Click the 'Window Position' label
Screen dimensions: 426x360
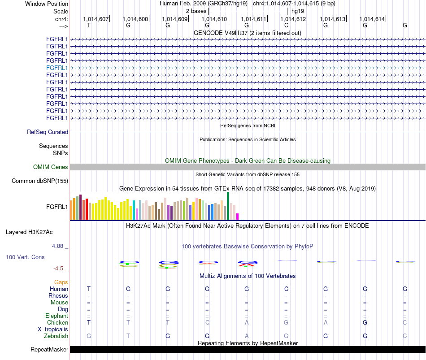point(47,4)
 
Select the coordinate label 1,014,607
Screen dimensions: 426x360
point(96,19)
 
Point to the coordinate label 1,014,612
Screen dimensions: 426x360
point(293,19)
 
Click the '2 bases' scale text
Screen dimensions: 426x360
point(196,11)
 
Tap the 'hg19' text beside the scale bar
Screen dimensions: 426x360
point(298,11)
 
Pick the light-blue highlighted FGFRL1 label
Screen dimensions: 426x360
point(57,68)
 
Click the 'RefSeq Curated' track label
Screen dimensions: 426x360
point(48,132)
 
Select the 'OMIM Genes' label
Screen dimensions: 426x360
point(51,167)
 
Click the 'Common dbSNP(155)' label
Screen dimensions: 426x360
point(40,181)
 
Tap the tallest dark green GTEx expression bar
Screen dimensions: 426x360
point(228,206)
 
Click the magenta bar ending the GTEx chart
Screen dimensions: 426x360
point(238,217)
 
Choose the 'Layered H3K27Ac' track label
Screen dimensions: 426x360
point(29,232)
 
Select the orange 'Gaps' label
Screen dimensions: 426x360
point(61,282)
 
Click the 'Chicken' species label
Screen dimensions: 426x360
point(57,322)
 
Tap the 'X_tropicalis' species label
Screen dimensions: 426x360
point(53,330)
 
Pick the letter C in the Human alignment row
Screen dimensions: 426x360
point(286,289)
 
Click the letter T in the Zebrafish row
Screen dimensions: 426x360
point(128,336)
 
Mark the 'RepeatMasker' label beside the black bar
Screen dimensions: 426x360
point(49,349)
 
